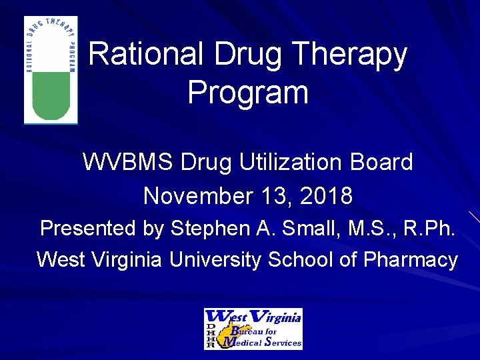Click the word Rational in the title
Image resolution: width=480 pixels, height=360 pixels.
tap(138, 55)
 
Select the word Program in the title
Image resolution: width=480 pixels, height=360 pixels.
tap(247, 92)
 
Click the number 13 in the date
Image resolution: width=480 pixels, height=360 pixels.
tap(271, 196)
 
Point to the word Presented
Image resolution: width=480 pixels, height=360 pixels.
tap(87, 228)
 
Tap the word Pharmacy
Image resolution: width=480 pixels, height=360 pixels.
tap(410, 259)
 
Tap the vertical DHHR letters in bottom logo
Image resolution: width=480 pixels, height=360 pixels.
tap(210, 335)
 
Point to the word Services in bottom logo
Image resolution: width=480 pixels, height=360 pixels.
tap(283, 343)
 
